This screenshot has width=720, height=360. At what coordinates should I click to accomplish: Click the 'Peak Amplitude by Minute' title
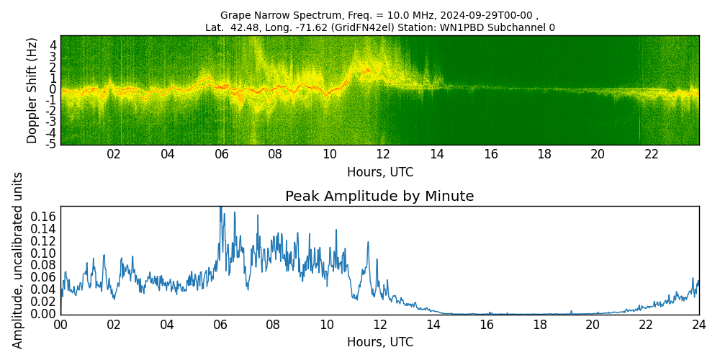379,197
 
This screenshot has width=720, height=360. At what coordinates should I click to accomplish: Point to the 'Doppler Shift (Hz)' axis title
32,90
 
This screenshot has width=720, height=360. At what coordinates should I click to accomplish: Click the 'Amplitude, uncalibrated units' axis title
18,260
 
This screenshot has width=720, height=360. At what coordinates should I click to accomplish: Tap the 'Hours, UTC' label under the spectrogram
379,173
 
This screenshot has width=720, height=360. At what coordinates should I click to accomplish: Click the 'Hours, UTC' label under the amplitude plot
379,343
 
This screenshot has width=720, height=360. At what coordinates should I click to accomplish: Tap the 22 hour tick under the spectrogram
652,154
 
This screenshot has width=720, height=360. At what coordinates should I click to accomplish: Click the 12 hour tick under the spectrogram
383,154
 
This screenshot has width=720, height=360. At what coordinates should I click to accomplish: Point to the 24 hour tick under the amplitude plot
698,324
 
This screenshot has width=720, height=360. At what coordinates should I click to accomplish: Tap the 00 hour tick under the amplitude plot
60,324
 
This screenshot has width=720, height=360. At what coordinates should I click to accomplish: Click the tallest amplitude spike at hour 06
220,208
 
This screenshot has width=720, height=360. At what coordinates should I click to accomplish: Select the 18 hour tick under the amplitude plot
539,324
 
